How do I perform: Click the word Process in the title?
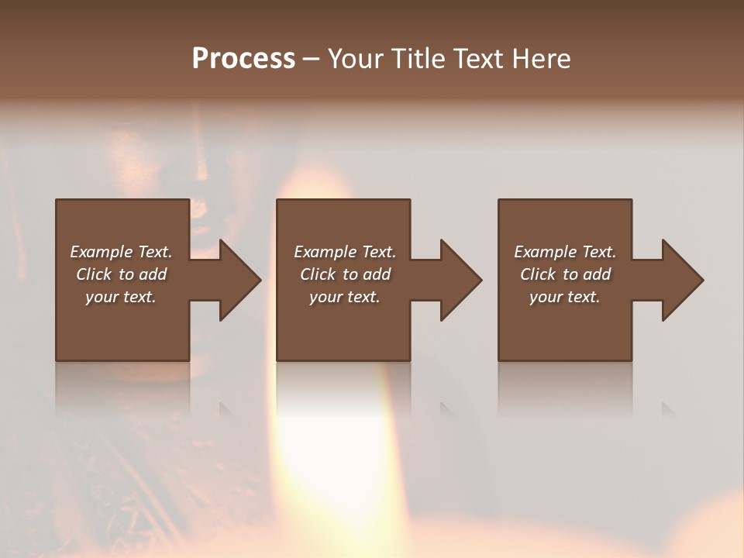243,59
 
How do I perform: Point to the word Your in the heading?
355,59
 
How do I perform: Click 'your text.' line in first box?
121,297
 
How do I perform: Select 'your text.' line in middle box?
345,297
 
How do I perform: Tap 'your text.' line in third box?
565,297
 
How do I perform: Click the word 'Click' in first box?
94,274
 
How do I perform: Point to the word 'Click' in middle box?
318,274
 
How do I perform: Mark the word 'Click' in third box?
538,274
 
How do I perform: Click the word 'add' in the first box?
153,274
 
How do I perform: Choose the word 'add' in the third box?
598,274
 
